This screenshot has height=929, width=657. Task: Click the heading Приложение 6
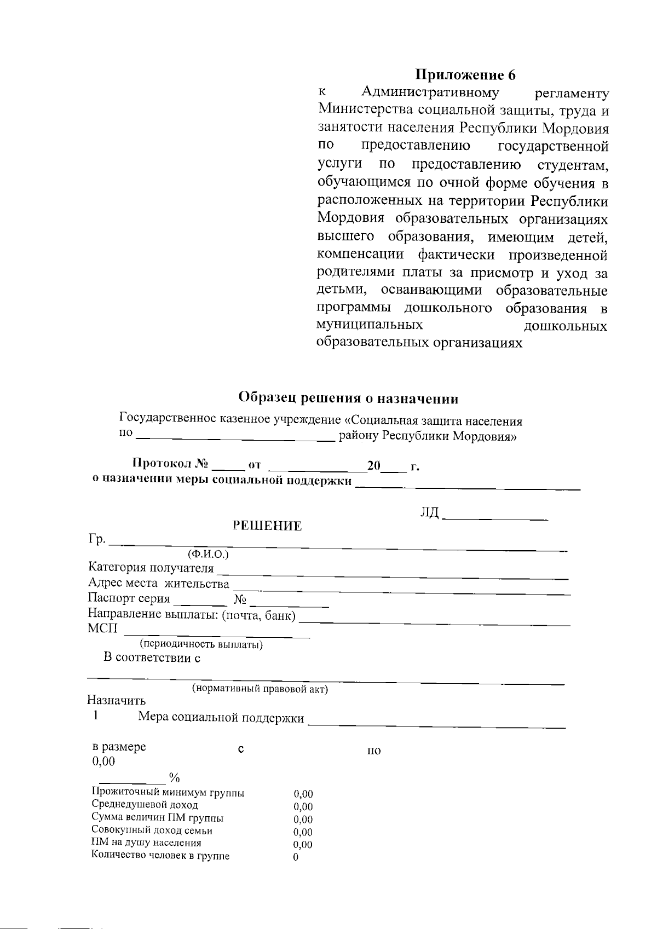point(465,74)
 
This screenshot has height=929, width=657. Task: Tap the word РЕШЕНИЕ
point(267,526)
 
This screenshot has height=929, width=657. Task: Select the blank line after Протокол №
point(228,469)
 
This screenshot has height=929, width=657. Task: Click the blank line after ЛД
point(494,517)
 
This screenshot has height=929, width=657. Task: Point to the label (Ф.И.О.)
point(208,554)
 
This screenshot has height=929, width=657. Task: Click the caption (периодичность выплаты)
point(201,644)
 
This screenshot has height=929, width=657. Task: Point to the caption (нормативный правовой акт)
point(260,689)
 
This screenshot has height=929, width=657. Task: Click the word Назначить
point(117,700)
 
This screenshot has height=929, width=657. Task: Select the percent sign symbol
point(175,778)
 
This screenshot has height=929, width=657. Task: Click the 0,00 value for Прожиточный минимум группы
point(303,794)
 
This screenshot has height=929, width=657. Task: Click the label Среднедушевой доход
point(145,805)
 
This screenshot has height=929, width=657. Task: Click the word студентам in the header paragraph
point(573,165)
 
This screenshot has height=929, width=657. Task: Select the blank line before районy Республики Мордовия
point(235,438)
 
